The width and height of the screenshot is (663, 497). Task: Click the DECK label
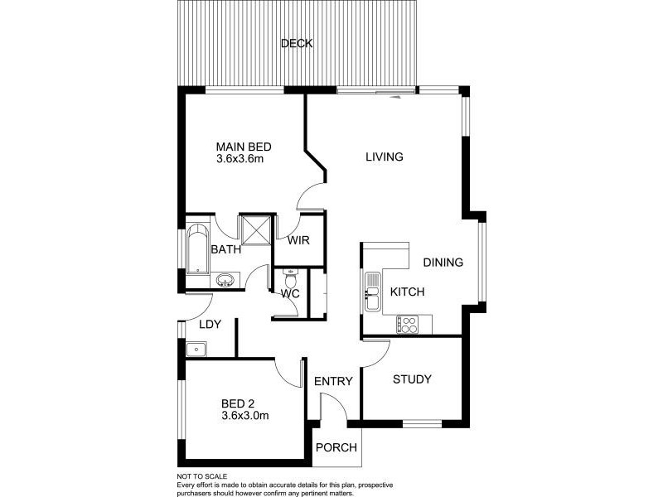tap(297, 44)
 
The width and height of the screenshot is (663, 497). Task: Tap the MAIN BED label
tap(244, 147)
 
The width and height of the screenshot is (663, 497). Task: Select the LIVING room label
tap(385, 157)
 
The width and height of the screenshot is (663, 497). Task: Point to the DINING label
tap(443, 263)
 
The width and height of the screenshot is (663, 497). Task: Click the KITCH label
tap(407, 292)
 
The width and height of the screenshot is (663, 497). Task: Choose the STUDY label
tap(412, 379)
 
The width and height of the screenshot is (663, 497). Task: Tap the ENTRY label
tap(333, 382)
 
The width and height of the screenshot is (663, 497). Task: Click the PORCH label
tap(336, 448)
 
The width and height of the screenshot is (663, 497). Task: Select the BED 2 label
tap(237, 404)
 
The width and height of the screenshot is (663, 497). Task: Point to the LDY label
tap(210, 324)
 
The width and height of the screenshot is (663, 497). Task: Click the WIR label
tap(298, 242)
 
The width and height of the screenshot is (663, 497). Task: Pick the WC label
tap(289, 293)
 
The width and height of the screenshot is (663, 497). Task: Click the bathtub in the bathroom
tap(197, 248)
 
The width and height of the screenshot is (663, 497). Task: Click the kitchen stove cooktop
tap(407, 323)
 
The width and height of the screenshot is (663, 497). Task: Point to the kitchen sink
tap(372, 290)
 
